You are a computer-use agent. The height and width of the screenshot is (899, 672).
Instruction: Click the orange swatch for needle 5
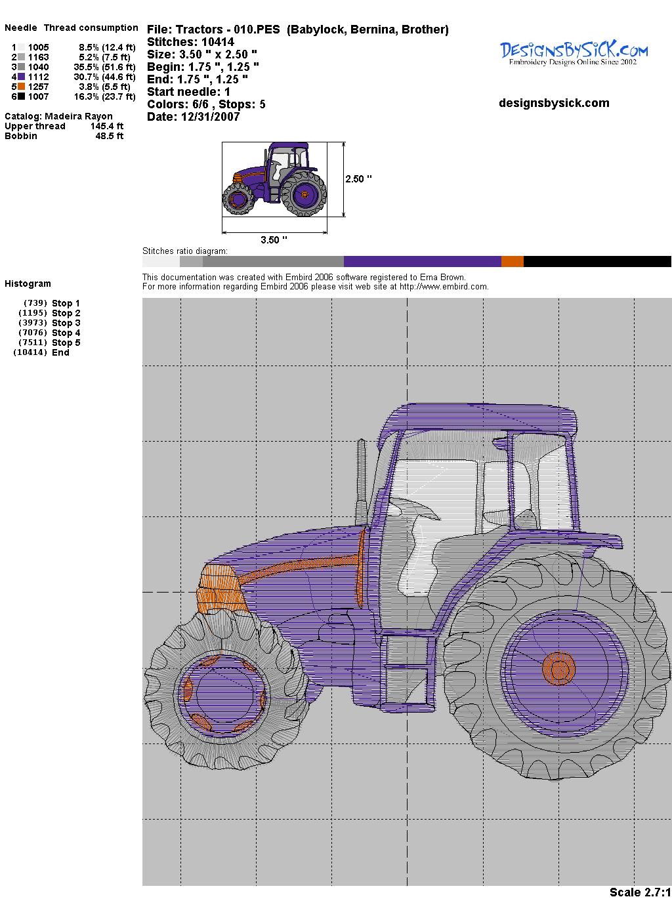click(22, 87)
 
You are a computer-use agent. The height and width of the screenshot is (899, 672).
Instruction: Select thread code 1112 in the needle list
click(39, 77)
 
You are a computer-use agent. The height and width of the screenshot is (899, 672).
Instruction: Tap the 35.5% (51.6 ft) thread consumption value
click(104, 67)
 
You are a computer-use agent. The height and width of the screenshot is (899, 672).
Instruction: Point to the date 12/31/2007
click(210, 117)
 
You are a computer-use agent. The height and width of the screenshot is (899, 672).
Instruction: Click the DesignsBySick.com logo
click(574, 53)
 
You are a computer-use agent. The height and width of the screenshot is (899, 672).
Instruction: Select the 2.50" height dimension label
click(358, 179)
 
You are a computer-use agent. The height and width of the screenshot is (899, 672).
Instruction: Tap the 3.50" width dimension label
click(274, 240)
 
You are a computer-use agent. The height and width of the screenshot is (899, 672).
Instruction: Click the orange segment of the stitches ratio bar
click(513, 261)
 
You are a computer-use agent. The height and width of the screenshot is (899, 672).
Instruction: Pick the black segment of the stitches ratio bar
click(597, 261)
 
